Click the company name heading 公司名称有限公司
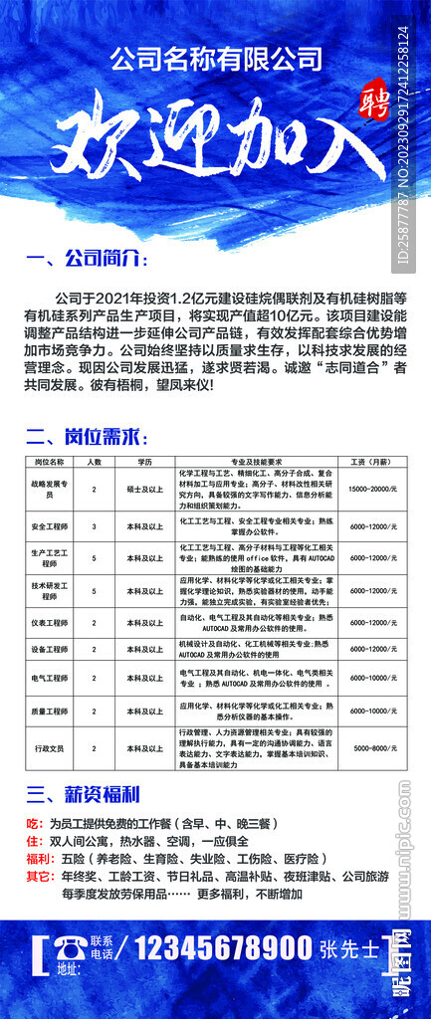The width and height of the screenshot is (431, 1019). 215,57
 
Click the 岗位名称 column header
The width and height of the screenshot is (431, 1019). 49,462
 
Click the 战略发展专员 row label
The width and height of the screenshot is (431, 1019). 49,489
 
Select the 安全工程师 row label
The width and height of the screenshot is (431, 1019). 49,525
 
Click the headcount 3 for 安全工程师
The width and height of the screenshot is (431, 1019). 95,525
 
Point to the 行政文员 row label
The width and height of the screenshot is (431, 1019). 49,746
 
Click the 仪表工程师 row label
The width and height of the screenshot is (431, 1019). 49,623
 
